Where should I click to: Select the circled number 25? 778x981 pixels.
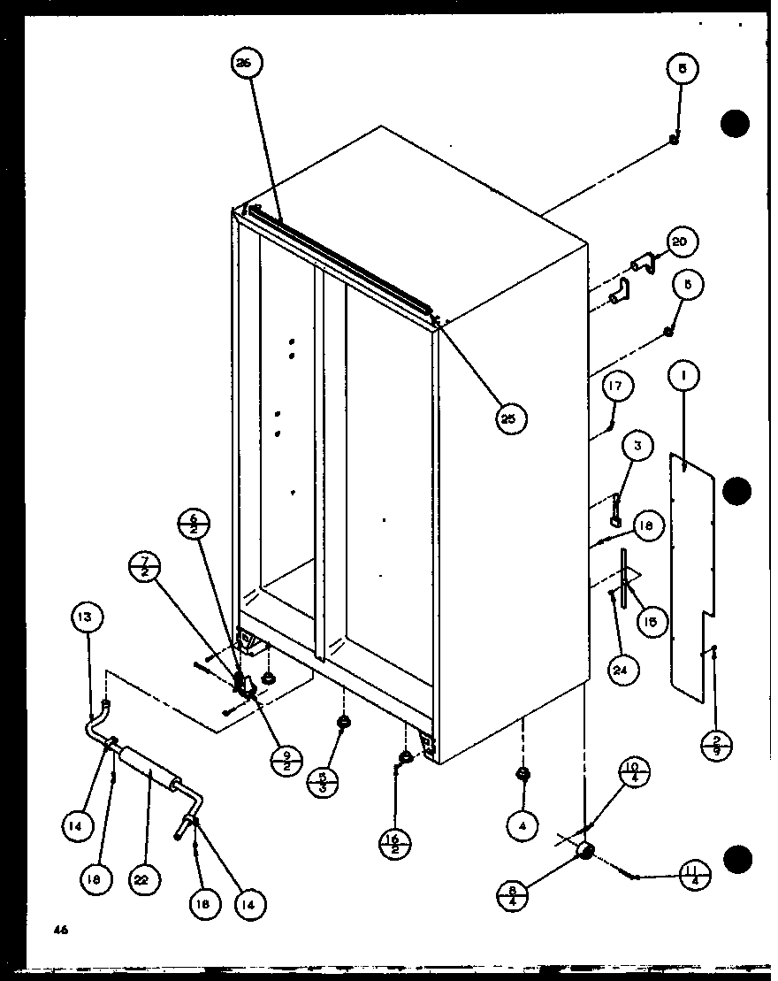tap(511, 417)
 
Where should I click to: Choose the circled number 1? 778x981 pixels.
tap(684, 376)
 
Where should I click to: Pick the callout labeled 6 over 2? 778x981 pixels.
tap(194, 525)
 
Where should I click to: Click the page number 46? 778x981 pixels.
tap(59, 930)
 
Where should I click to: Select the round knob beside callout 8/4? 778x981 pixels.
tap(583, 851)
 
